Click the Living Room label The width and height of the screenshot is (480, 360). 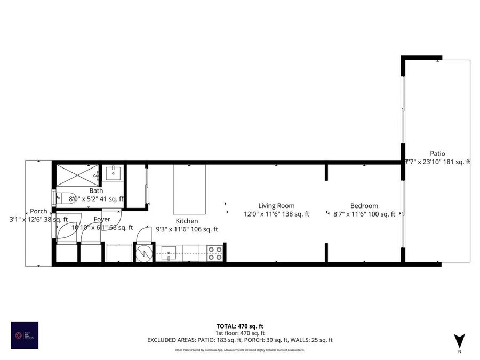tap(276, 206)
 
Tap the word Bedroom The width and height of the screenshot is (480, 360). tap(364, 206)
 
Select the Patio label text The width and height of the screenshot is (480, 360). tap(438, 154)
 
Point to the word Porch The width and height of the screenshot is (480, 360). tap(38, 211)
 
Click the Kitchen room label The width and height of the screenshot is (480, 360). tap(187, 221)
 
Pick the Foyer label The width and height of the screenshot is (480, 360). tap(102, 219)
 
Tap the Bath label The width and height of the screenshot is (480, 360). tap(96, 190)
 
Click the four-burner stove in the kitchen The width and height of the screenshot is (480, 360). tap(214, 253)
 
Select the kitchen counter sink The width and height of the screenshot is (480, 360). tap(169, 253)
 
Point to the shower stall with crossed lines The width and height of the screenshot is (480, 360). tap(78, 175)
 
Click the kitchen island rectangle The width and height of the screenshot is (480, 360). tap(189, 189)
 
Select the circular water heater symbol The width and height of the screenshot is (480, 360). tap(143, 253)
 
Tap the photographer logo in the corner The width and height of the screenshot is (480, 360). tap(25, 335)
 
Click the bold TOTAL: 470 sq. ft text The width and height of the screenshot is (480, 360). tap(239, 326)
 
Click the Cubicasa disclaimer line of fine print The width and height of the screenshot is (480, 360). tap(239, 350)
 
